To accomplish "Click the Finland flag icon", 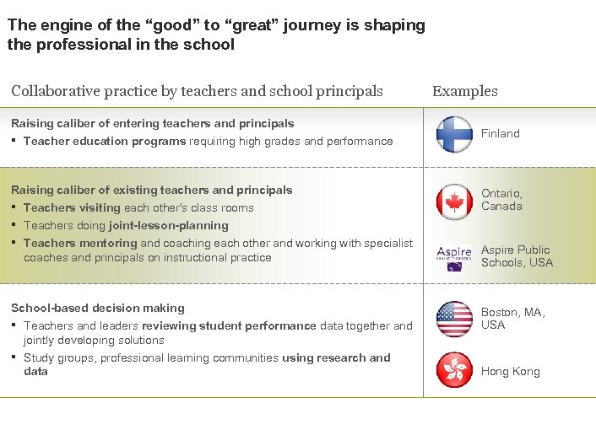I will [x=454, y=134].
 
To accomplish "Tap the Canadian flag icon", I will [x=454, y=202].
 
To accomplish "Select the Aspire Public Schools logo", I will [x=454, y=257].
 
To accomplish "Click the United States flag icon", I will [x=454, y=319].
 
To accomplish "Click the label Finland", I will [x=501, y=133].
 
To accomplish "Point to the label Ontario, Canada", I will [x=502, y=199].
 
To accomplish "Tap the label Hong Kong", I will [x=511, y=372].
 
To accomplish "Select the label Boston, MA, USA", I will [x=513, y=319].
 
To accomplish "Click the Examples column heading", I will [x=465, y=91].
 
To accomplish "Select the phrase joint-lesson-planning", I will [x=169, y=225].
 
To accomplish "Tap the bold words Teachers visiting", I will [x=73, y=207].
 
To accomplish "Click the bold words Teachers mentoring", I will [x=80, y=243].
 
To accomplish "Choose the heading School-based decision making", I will [x=98, y=308].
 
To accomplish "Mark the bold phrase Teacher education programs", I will [x=105, y=141].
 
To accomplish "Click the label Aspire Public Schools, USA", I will [x=517, y=256].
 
